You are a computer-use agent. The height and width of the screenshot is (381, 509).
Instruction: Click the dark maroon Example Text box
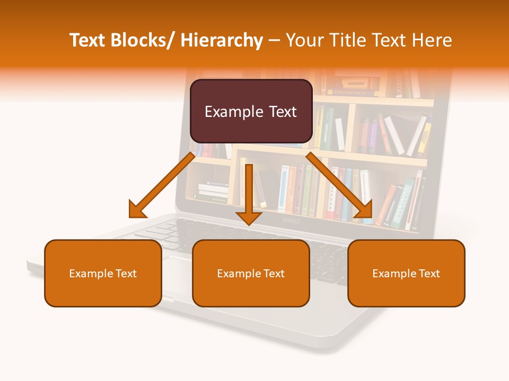(251, 112)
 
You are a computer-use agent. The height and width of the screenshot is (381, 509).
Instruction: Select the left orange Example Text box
(103, 274)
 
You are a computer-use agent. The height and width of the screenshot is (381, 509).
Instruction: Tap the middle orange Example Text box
(251, 274)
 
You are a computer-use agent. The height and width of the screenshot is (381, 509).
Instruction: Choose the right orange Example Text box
(406, 274)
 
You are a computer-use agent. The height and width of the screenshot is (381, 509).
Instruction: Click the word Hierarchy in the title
(222, 40)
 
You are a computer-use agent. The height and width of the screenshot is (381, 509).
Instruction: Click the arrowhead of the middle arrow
(249, 217)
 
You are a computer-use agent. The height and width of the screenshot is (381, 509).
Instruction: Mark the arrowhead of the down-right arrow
(364, 211)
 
